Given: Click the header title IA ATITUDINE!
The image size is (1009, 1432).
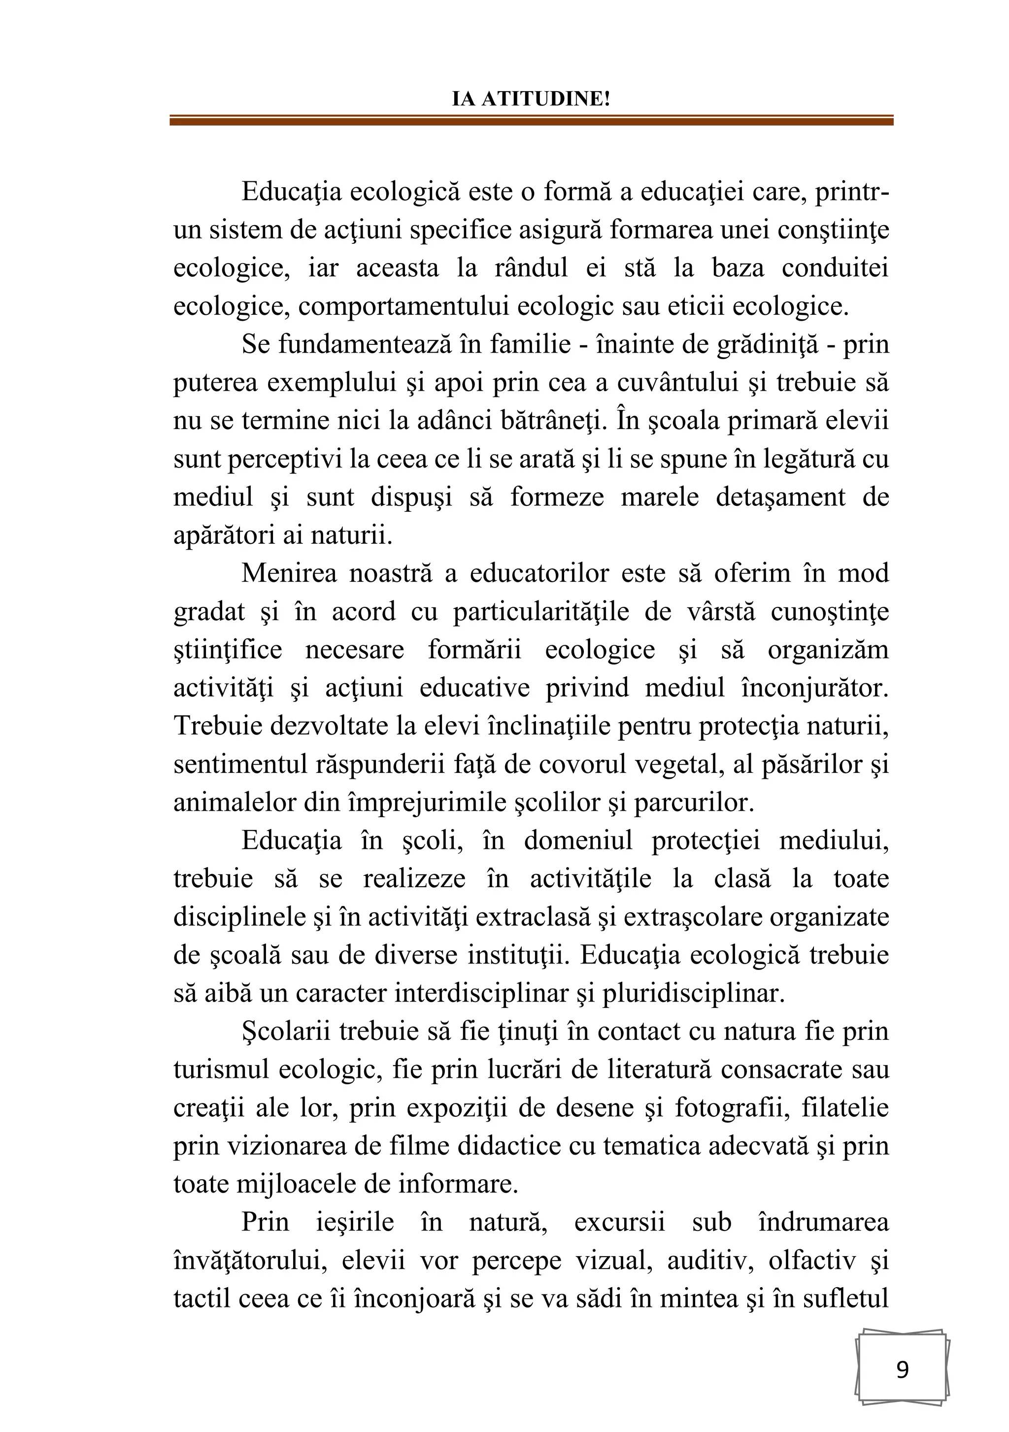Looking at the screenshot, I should [531, 99].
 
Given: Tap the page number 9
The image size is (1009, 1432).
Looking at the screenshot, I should [902, 1369].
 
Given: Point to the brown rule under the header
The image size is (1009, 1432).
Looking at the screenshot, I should [531, 120].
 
